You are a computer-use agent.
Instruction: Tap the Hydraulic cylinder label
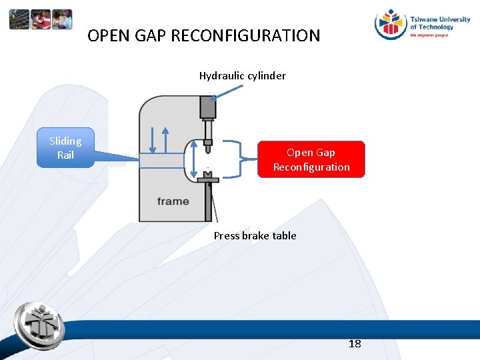[242, 75]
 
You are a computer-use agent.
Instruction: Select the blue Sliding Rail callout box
[65, 148]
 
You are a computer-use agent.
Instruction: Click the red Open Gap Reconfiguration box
[311, 159]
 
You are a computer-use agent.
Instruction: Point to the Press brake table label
[255, 235]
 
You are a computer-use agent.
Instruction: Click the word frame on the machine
[173, 201]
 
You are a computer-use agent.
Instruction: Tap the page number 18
[355, 343]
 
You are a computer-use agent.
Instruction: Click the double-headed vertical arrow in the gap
[193, 160]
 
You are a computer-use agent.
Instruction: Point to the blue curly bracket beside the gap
[231, 159]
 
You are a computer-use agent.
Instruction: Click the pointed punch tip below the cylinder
[208, 148]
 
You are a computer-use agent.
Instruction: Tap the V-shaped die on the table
[208, 176]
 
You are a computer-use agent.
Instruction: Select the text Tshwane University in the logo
[440, 19]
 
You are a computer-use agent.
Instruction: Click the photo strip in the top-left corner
[40, 19]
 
